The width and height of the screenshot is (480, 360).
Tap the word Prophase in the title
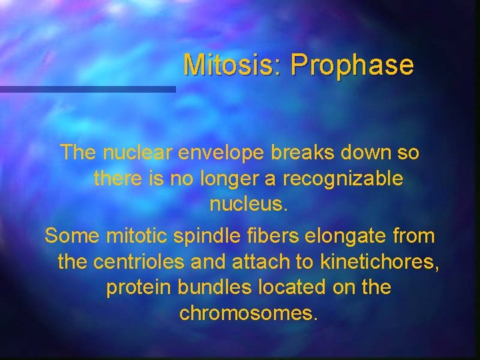tap(352, 65)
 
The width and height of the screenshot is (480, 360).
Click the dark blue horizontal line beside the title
tap(87, 89)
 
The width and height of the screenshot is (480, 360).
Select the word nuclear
tap(138, 153)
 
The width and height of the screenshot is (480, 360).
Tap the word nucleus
tap(249, 204)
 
